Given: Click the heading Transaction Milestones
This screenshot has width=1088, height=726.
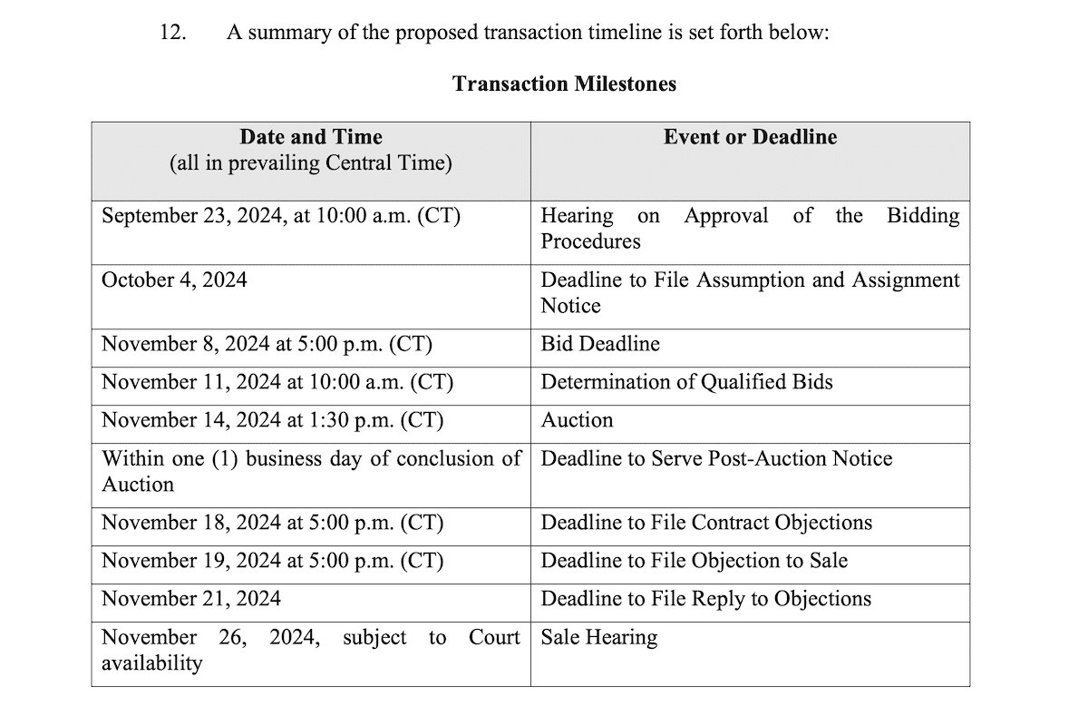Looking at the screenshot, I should (x=564, y=84).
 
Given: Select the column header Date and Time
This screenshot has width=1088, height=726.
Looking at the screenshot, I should (x=311, y=137).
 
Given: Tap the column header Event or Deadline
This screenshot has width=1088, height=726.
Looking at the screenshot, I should (x=750, y=137).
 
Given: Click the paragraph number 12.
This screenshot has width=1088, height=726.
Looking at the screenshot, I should (x=172, y=34).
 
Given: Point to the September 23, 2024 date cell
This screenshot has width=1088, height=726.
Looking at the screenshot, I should (x=281, y=216).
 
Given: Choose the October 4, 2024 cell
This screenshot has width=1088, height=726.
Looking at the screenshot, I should (x=174, y=280).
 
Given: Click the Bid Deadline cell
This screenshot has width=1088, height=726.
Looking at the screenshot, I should (x=600, y=345).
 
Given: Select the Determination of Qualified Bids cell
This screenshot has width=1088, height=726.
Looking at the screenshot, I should (x=686, y=383).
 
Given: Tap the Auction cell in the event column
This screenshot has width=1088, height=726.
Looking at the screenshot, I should (x=577, y=421).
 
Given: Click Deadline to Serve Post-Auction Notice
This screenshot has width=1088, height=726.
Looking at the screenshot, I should (x=716, y=459).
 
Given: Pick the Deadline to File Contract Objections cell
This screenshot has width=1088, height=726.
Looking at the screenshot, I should (x=706, y=524).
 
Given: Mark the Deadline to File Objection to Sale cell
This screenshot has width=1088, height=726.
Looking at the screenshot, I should (x=695, y=562).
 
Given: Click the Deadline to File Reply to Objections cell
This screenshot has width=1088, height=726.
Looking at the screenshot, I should (x=706, y=600).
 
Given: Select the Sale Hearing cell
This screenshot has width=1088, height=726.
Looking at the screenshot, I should (x=598, y=638).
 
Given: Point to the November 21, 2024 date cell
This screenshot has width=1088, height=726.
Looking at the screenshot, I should (x=191, y=600).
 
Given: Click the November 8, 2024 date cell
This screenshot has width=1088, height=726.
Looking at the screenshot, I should (x=267, y=345).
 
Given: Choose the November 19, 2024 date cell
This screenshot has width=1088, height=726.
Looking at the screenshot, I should (x=272, y=562).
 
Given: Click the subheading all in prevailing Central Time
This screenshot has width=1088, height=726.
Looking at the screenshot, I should (x=311, y=164).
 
